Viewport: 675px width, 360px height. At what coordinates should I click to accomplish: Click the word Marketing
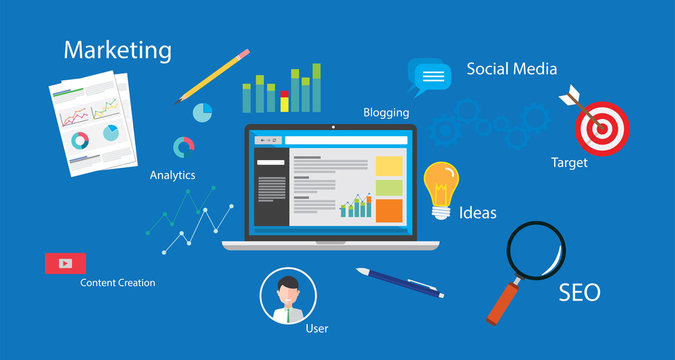click(117, 50)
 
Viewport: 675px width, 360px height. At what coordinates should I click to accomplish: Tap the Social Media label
click(511, 69)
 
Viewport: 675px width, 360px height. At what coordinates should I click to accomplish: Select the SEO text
click(579, 292)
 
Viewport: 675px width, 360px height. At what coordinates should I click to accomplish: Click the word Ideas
click(478, 212)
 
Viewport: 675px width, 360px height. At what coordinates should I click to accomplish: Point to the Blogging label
click(385, 113)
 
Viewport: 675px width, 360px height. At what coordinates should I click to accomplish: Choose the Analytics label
click(172, 175)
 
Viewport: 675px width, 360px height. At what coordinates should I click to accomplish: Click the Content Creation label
click(118, 283)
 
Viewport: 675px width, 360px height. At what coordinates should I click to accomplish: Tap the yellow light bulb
click(440, 187)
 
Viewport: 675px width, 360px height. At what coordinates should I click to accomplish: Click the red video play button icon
click(65, 263)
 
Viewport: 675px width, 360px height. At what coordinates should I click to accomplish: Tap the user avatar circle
click(288, 296)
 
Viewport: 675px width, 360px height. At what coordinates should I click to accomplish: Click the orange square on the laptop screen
click(389, 210)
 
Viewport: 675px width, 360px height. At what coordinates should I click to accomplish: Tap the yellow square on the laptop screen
click(389, 165)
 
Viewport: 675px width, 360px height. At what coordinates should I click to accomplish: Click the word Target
click(569, 162)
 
